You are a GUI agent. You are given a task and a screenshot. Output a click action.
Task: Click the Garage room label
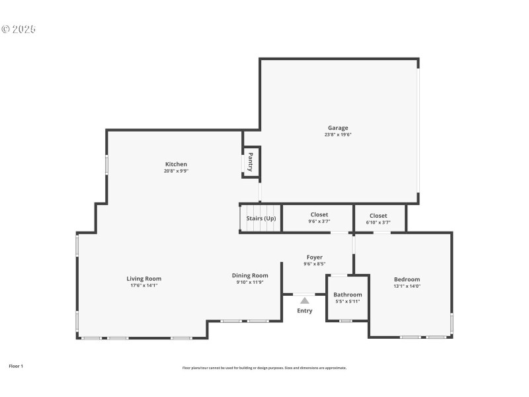pyautogui.click(x=338, y=128)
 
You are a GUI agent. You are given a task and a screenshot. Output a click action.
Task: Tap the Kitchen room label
pyautogui.click(x=176, y=164)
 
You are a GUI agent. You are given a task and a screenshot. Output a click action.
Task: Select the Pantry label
pyautogui.click(x=251, y=162)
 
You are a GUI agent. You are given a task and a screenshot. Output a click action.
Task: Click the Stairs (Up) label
pyautogui.click(x=261, y=218)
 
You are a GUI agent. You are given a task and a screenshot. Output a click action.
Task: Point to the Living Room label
pyautogui.click(x=144, y=279)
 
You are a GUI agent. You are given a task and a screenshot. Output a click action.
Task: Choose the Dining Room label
pyautogui.click(x=250, y=275)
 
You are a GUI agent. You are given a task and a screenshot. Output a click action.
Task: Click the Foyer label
pyautogui.click(x=315, y=257)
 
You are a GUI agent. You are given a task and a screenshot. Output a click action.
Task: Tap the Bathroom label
pyautogui.click(x=347, y=294)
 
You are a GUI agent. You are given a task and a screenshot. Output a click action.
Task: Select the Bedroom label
pyautogui.click(x=407, y=279)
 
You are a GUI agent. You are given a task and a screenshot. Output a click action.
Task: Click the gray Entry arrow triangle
pyautogui.click(x=305, y=300)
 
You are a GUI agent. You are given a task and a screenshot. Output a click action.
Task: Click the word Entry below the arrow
pyautogui.click(x=305, y=311)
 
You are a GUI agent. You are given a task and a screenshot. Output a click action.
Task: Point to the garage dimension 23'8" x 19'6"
pyautogui.click(x=338, y=135)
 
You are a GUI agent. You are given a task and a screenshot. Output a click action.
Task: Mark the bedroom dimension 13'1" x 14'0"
pyautogui.click(x=407, y=286)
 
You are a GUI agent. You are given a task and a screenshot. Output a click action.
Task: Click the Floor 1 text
pyautogui.click(x=16, y=366)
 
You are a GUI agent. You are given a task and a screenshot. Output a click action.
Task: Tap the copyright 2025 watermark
pyautogui.click(x=19, y=29)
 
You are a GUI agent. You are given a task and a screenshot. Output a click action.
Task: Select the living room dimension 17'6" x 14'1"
pyautogui.click(x=144, y=285)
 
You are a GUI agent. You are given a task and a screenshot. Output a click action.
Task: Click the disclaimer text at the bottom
pyautogui.click(x=264, y=368)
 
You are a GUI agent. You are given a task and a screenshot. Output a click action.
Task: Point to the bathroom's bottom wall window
pyautogui.click(x=345, y=321)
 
